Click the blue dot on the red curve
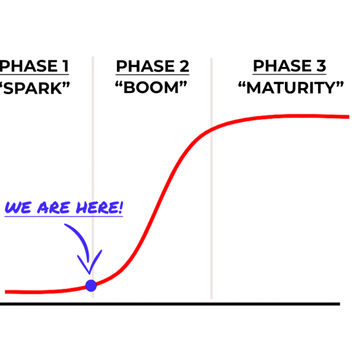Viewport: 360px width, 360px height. pyautogui.click(x=91, y=286)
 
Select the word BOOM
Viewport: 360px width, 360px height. pyautogui.click(x=151, y=88)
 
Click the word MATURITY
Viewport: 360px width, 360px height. pyautogui.click(x=291, y=88)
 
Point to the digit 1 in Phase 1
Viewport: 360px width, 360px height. pyautogui.click(x=66, y=66)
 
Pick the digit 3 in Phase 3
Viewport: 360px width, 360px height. pyautogui.click(x=321, y=66)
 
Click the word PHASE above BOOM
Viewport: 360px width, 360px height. pyautogui.click(x=145, y=66)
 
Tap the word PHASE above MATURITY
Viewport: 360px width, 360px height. pyautogui.click(x=282, y=66)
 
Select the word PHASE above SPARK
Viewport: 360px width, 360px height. pyautogui.click(x=28, y=66)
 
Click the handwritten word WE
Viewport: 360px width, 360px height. pyautogui.click(x=18, y=207)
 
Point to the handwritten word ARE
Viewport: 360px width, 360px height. pyautogui.click(x=54, y=207)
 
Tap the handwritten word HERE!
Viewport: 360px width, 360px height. pyautogui.click(x=100, y=207)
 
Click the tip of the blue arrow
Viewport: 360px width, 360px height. pyautogui.click(x=90, y=274)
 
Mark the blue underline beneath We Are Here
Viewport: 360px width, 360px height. pyautogui.click(x=64, y=216)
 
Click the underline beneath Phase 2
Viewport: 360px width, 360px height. pyautogui.click(x=153, y=74)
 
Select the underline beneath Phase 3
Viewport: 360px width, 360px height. pyautogui.click(x=289, y=74)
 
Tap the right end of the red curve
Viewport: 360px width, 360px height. pyautogui.click(x=349, y=117)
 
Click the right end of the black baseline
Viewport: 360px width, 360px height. pyautogui.click(x=340, y=304)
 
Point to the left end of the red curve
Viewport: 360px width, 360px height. pyautogui.click(x=6, y=292)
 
